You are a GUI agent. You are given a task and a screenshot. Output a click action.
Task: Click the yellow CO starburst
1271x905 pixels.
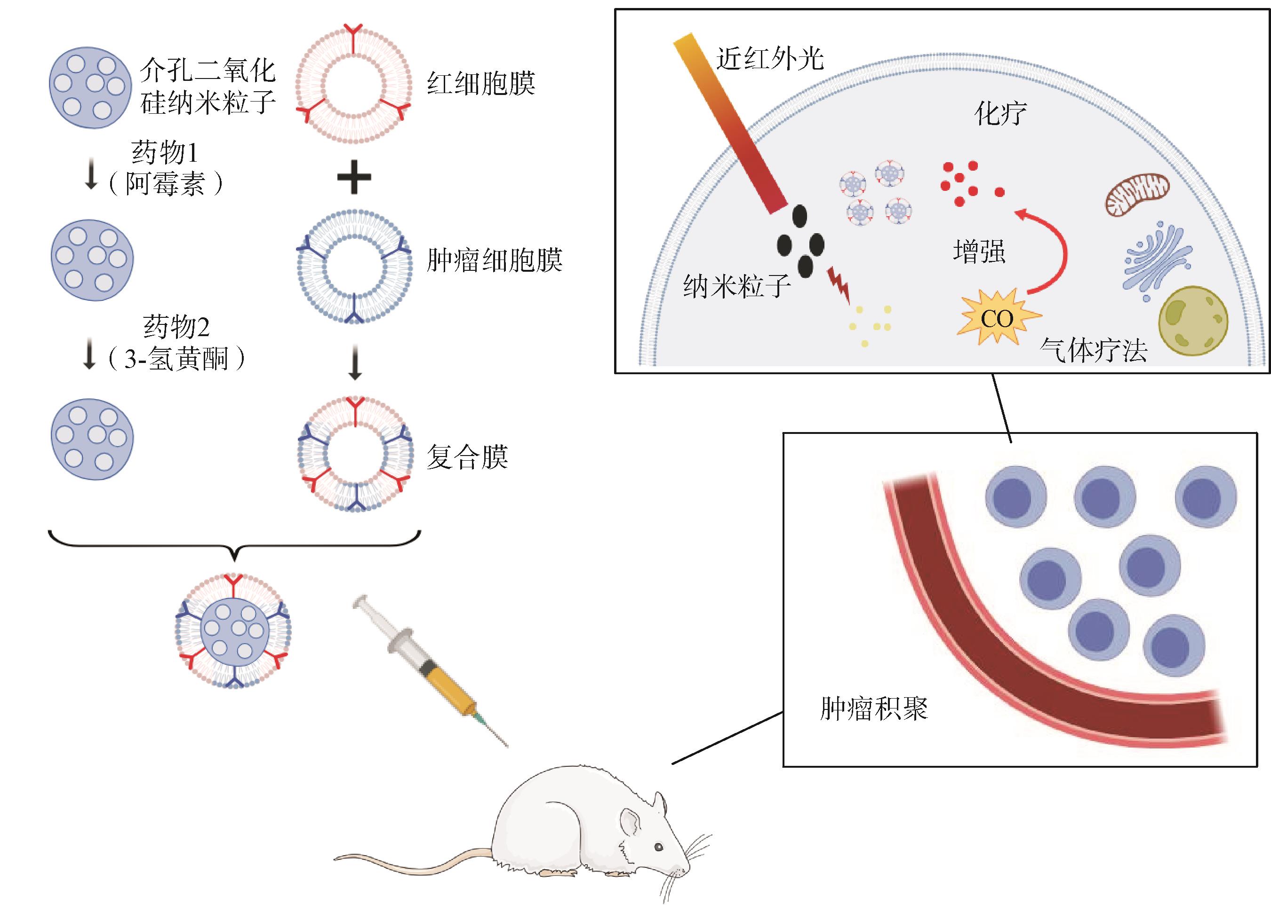[x=997, y=319]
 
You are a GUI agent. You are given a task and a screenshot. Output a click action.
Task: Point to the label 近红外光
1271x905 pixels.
[x=770, y=58]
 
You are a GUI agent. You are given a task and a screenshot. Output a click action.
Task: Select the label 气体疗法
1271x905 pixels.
[x=1093, y=351]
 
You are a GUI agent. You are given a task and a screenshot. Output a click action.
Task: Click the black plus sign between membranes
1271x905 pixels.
[x=354, y=177]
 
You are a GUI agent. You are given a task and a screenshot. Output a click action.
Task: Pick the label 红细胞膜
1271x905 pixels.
[x=481, y=84]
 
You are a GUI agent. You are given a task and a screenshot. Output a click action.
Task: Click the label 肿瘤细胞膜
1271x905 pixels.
[x=494, y=260]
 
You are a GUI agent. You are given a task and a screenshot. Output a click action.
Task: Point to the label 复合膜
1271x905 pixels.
[x=467, y=457]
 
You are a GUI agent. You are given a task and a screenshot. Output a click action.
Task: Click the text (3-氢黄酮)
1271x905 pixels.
[x=176, y=358]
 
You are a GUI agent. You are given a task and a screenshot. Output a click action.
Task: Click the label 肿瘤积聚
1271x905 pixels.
[x=873, y=709]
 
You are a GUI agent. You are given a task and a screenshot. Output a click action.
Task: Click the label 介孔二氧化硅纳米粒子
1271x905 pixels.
[x=208, y=87]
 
